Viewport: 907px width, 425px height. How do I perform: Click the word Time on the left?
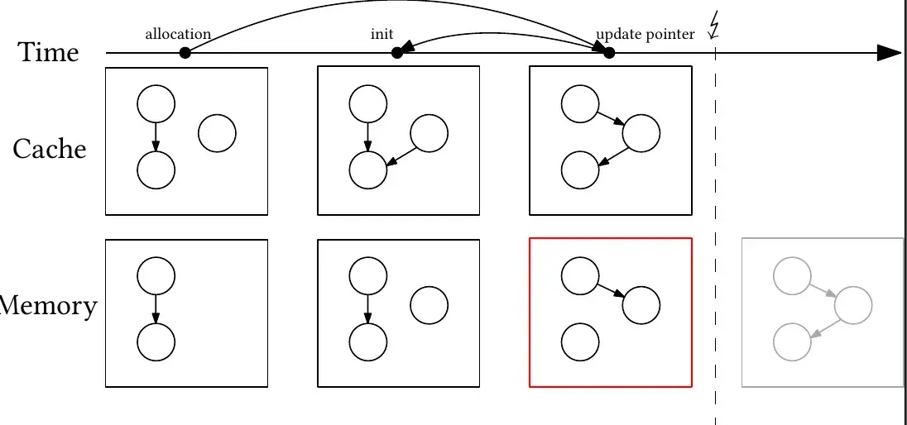tap(49, 52)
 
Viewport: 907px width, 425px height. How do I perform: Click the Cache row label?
tap(50, 149)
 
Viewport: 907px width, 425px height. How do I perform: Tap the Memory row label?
tap(48, 306)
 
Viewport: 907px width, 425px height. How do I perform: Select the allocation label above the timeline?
tap(178, 35)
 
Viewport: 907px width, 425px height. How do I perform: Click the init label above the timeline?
tap(382, 35)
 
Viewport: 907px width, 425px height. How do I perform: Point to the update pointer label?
tap(645, 35)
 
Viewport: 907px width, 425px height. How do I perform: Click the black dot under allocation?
tap(185, 53)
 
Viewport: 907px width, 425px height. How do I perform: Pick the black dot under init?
tap(397, 53)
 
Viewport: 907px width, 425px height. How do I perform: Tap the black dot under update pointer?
tap(609, 53)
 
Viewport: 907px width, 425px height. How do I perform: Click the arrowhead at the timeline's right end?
tap(889, 53)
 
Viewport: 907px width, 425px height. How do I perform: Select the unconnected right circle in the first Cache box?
tap(218, 133)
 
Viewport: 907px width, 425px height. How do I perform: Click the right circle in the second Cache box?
tap(430, 133)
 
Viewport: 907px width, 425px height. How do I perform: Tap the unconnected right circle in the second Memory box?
tap(430, 305)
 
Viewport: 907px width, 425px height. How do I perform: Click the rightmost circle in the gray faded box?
tap(853, 305)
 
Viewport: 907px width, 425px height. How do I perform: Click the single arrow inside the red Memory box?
tap(611, 291)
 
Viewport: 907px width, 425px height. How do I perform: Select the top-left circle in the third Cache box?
tap(580, 104)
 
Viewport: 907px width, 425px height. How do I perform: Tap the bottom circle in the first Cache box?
tap(156, 170)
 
